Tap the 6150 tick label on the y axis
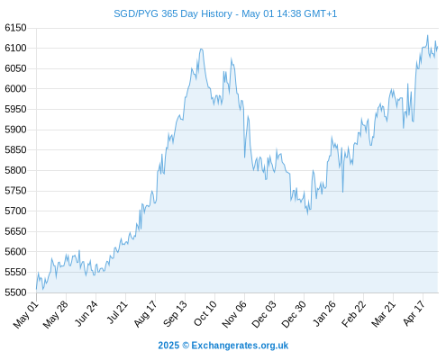tap(15, 28)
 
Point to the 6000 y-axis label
tap(15, 89)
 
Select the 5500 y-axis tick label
tap(15, 292)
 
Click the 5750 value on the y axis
tap(15, 191)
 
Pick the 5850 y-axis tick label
tap(15, 150)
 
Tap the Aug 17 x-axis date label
tap(146, 314)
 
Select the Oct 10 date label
tap(205, 313)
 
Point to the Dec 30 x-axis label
tap(295, 314)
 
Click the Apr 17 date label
tap(414, 313)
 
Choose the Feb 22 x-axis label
tap(354, 314)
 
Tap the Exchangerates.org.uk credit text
tap(240, 346)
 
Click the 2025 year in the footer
tap(168, 346)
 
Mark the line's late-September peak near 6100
tap(201, 49)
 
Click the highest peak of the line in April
tap(428, 35)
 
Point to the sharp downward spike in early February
tap(342, 192)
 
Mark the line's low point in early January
tap(307, 214)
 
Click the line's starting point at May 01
tap(37, 289)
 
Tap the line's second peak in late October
tap(232, 58)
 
